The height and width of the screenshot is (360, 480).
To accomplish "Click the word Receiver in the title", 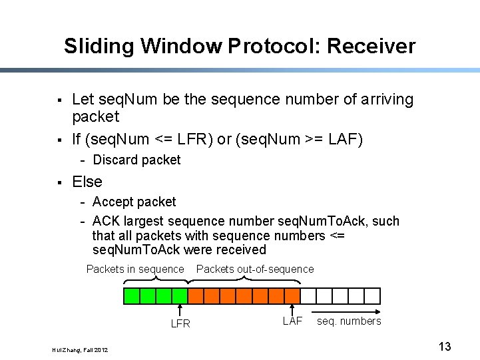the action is coord(371,46).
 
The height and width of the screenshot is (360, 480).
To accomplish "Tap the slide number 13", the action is coord(445,346).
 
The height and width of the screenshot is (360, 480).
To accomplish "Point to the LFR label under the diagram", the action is coord(180,324).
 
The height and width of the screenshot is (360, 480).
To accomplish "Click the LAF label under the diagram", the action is coord(292,321).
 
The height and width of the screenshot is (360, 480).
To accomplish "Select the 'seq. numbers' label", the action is coord(349,321).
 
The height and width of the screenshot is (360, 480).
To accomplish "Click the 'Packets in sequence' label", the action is coord(135,269).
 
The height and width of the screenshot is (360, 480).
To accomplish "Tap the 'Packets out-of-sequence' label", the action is coord(255,269).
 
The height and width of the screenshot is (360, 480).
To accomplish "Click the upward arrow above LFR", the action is coord(180,310).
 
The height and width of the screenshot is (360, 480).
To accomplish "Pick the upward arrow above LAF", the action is coord(292,308).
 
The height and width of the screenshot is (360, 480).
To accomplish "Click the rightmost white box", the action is coord(373,295).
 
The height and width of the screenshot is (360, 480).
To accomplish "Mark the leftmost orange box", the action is coord(196,295).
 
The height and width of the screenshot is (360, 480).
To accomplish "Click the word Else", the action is coord(87,182).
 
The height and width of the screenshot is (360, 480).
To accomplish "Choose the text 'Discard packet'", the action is coord(136,160).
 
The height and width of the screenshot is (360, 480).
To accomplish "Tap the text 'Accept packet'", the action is coord(134,202).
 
